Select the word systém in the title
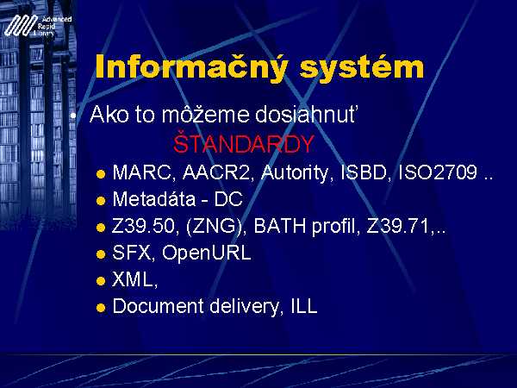pos(362,67)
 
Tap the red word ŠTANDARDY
pos(243,144)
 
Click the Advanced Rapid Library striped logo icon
pos(21,25)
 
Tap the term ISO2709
pos(438,172)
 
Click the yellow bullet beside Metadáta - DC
pos(101,201)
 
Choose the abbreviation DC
pos(228,199)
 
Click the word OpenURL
pos(207,253)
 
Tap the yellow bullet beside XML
pos(101,281)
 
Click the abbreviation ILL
pos(304,306)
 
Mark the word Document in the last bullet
pos(158,306)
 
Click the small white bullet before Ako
pos(73,116)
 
